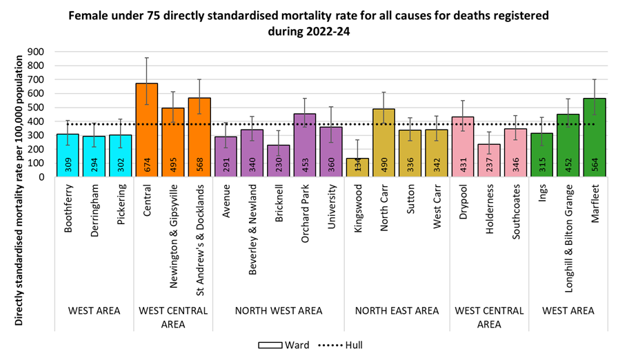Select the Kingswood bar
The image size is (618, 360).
(357, 168)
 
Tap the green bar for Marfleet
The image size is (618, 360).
(595, 137)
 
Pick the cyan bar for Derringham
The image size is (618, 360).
(94, 156)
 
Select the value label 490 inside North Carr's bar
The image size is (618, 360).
(384, 163)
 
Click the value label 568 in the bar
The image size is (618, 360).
(199, 163)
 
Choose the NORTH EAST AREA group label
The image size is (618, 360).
(397, 311)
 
